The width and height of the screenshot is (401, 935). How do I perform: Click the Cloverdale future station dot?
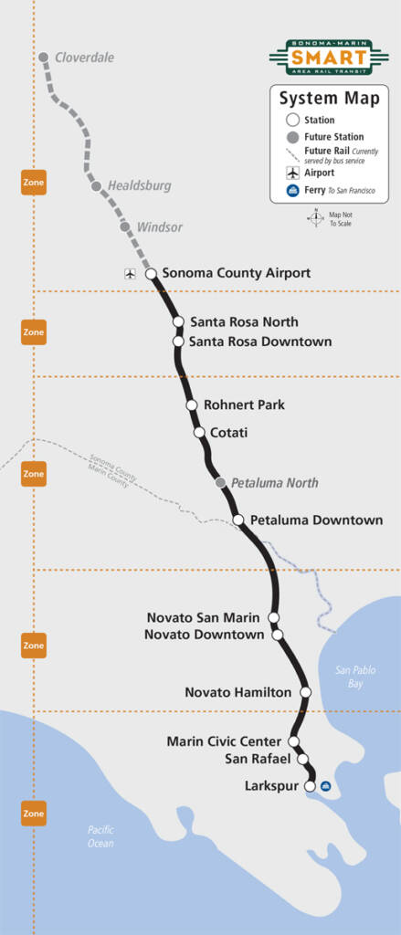43,57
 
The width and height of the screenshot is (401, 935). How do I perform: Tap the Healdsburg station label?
139,185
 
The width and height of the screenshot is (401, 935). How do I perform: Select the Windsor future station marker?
125,226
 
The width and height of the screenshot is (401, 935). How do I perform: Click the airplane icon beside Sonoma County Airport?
130,273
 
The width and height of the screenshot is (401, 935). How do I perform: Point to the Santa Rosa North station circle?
179,321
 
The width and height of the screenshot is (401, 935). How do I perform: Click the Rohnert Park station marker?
192,404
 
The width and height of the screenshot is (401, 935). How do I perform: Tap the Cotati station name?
228,432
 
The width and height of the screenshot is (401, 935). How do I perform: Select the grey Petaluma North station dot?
220,482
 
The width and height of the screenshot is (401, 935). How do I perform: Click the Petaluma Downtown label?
316,520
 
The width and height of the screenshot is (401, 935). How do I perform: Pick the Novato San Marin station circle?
273,618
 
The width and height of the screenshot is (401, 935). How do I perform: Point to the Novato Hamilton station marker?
306,692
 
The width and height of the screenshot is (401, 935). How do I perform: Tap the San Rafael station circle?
301,759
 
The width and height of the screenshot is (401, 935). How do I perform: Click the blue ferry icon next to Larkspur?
326,786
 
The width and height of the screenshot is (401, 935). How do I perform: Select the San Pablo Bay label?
354,677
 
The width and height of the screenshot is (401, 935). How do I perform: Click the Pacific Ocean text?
100,836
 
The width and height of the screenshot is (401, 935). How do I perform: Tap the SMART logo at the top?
329,58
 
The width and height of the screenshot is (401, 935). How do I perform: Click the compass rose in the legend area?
315,218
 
